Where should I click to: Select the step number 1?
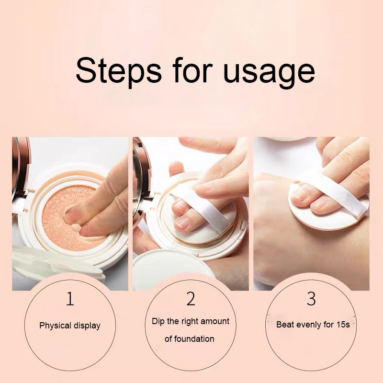click(70, 299)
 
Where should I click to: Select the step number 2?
click(191, 299)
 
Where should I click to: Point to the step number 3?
click(311, 299)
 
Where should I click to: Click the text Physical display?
click(70, 326)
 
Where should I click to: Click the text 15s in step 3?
click(341, 325)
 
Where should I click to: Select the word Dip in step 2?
click(158, 321)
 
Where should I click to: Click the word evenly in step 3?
click(313, 325)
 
